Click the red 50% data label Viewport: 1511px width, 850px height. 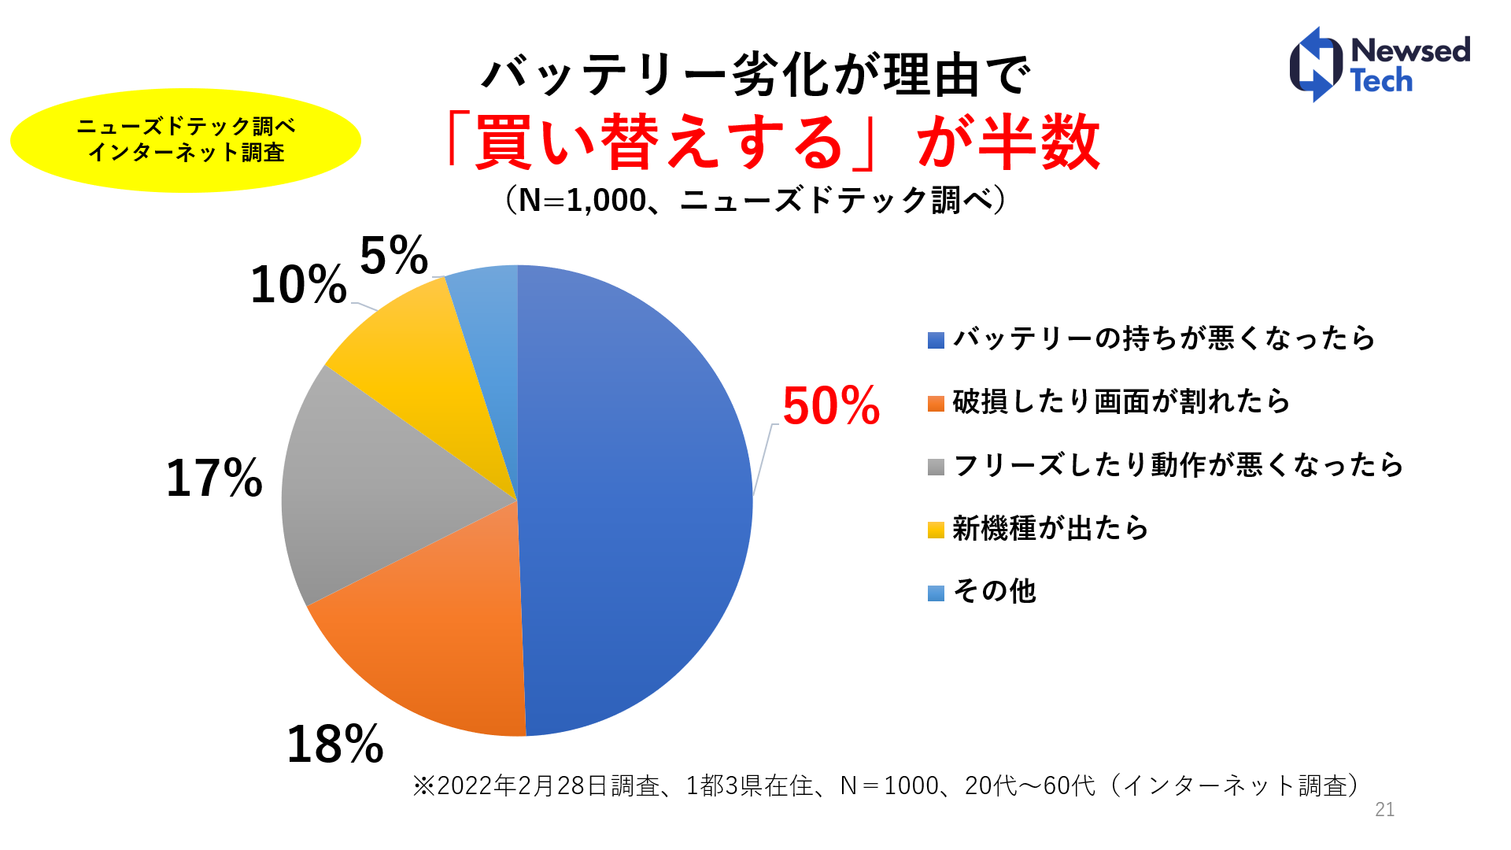coord(830,406)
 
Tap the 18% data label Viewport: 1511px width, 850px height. coord(335,744)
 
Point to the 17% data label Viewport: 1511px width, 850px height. coord(214,478)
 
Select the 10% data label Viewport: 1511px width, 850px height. coord(298,284)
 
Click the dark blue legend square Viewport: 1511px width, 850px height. coord(936,340)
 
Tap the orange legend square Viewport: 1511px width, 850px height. coord(936,404)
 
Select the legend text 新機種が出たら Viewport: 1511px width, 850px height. coord(1051,528)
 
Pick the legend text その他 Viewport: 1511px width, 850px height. coord(995,591)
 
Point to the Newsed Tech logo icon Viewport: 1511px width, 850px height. coord(1316,65)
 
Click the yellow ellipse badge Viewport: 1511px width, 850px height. coord(186,140)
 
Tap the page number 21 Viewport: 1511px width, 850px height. coord(1385,809)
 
